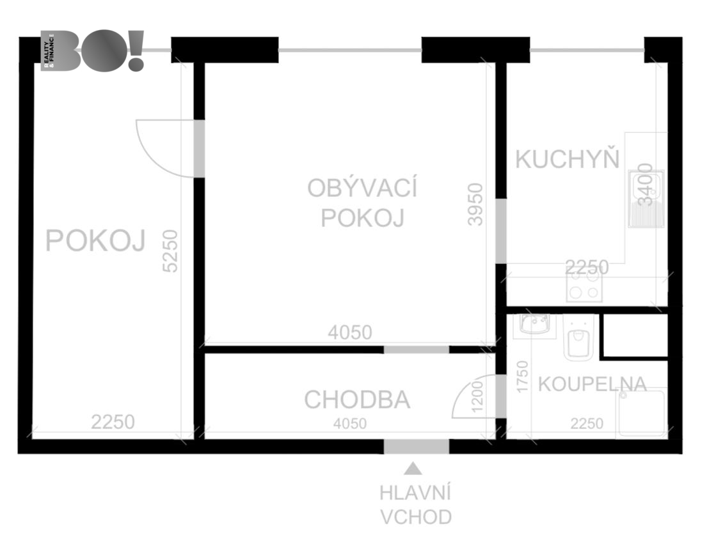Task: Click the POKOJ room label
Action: (x=95, y=240)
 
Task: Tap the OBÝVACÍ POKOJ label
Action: (x=362, y=203)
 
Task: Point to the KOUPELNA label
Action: (x=593, y=384)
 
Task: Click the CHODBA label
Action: (x=357, y=400)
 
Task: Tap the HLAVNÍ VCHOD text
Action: (x=415, y=505)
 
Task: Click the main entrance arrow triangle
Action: (x=413, y=469)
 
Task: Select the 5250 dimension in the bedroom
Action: (x=170, y=251)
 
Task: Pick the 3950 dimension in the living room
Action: (x=475, y=204)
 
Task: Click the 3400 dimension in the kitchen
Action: (x=645, y=185)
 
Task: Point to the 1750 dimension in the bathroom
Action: (x=522, y=377)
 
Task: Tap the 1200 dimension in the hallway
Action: (x=477, y=396)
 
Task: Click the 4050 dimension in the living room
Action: (x=350, y=332)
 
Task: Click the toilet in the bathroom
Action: (x=579, y=338)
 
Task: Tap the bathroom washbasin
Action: (x=535, y=325)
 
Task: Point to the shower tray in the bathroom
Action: (x=641, y=412)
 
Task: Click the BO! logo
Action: (x=93, y=51)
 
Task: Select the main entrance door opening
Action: (x=416, y=446)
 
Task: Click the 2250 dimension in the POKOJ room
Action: (x=113, y=422)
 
